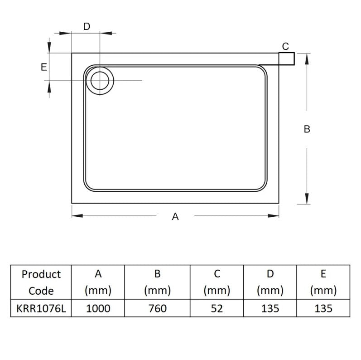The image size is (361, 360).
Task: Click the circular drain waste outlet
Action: pos(99,81)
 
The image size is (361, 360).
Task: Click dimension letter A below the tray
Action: pos(175,217)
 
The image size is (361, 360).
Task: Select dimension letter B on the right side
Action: pos(307,129)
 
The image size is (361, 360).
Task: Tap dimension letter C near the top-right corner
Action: pos(285,46)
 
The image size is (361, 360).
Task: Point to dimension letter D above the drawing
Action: pos(87,26)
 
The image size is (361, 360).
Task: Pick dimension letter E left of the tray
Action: pos(44,67)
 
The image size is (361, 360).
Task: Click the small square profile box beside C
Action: pos(286,58)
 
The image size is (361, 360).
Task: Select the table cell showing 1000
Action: pos(98,309)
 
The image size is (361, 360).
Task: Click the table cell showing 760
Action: pos(157,309)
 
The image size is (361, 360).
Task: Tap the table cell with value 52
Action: pos(217,309)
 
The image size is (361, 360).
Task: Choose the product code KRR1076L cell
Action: pos(41,309)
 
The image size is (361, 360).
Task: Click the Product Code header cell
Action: pos(41,282)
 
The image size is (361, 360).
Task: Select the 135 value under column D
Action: pos(270,309)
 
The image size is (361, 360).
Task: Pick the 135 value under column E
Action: pos(323,309)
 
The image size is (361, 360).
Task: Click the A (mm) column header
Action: pos(98,282)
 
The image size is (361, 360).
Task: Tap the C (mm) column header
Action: pos(217,282)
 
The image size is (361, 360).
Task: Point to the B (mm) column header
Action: pos(157,282)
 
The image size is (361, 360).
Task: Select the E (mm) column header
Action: pos(323,282)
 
